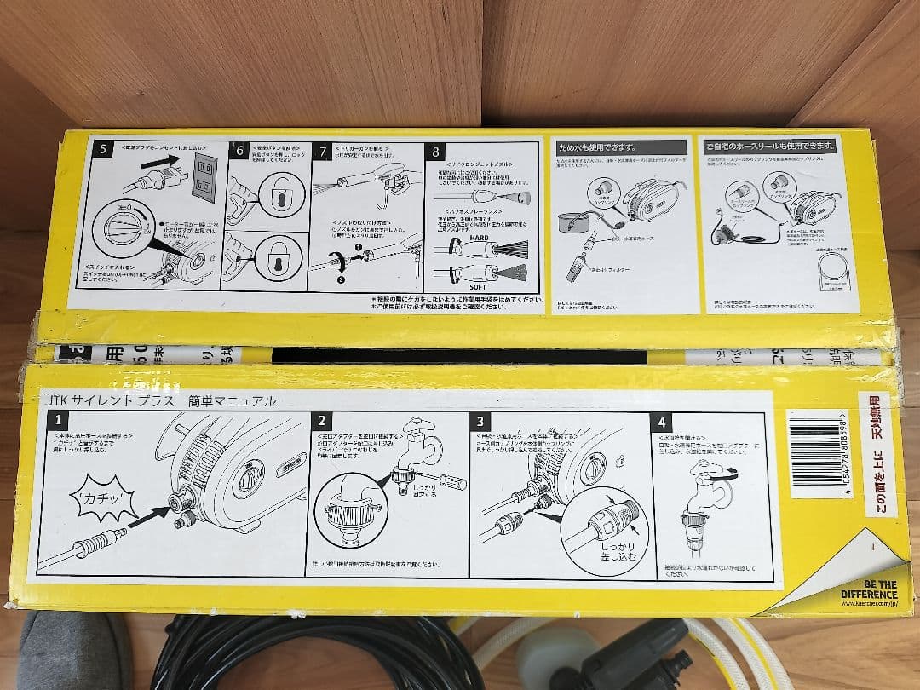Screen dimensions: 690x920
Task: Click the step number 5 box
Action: click(103, 150)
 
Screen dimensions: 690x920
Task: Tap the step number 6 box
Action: click(240, 150)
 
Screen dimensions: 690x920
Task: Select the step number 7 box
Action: click(323, 152)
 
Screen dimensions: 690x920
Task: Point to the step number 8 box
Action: click(436, 152)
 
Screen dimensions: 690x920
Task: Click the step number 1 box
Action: click(58, 420)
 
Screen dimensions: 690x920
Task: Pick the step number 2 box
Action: click(321, 420)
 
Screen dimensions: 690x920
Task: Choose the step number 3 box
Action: click(480, 421)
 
